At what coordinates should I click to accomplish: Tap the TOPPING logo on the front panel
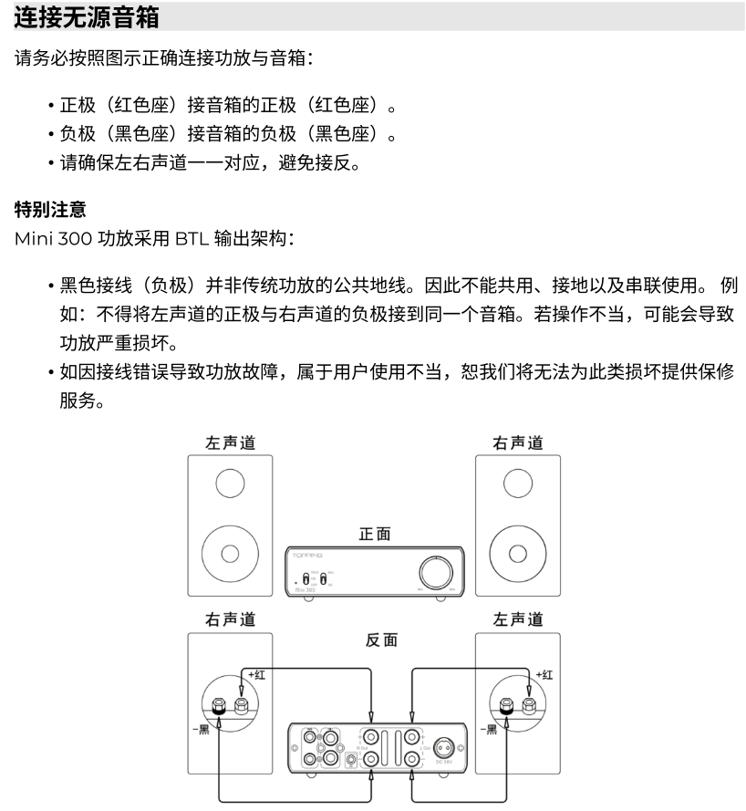(x=307, y=555)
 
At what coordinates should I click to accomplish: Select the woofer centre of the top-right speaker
(x=518, y=553)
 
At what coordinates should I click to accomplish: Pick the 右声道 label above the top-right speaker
(x=518, y=442)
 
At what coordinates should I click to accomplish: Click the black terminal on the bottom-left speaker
(x=220, y=705)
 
